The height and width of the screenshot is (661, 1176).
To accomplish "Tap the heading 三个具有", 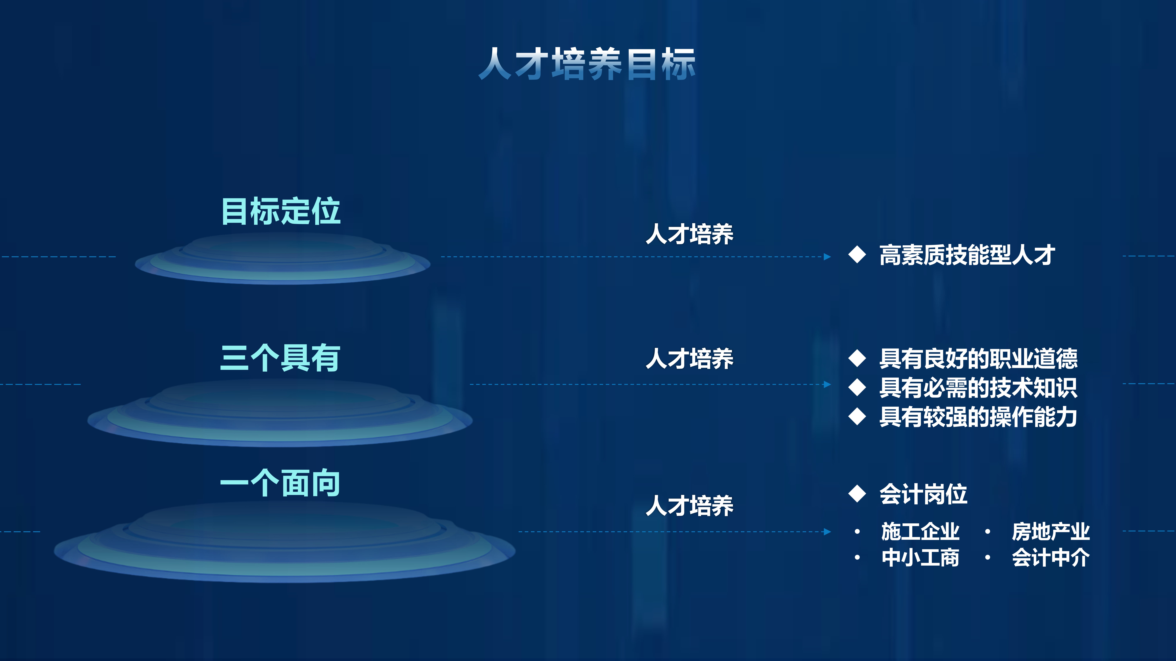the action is (x=280, y=358).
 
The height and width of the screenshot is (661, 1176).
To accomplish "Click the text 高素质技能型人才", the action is (x=967, y=255).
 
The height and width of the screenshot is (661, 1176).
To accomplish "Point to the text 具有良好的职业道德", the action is (x=978, y=359).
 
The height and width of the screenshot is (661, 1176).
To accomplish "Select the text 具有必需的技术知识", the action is (x=978, y=388).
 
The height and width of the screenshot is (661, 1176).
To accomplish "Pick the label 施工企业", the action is (x=920, y=531).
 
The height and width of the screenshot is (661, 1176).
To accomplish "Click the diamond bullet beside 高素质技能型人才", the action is (x=857, y=255).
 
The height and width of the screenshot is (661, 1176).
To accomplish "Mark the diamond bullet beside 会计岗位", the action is (x=857, y=494).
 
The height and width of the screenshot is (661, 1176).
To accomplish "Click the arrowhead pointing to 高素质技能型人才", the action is (x=827, y=257).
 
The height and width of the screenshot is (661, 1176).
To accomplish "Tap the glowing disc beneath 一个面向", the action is (x=284, y=543).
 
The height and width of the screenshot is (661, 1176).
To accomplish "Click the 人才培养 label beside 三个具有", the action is (x=689, y=359).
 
